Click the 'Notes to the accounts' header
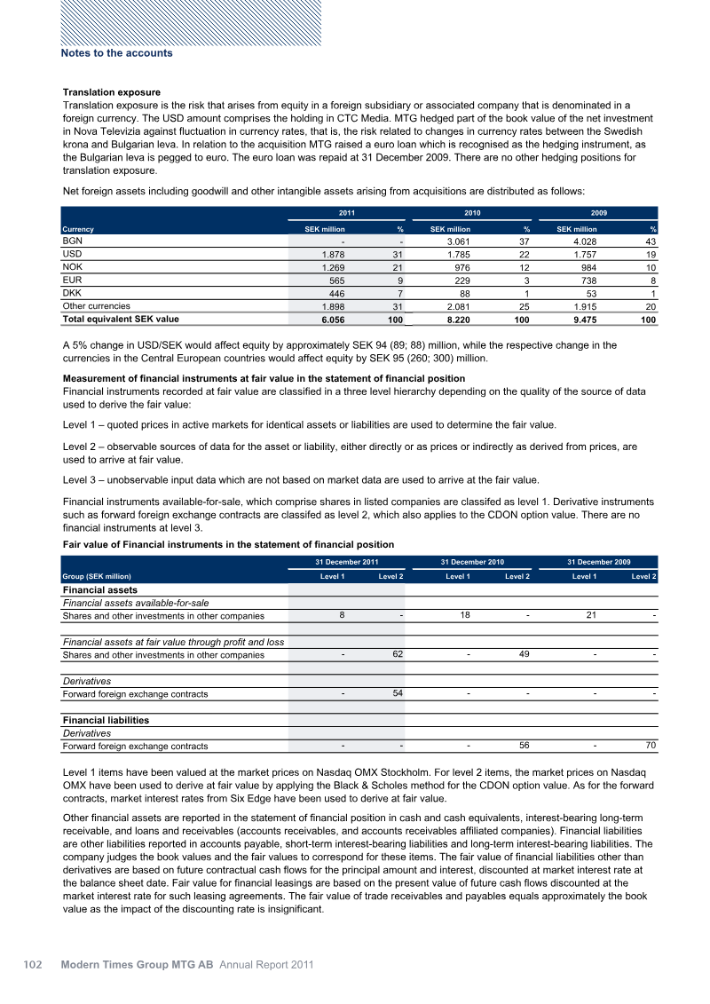pyautogui.click(x=116, y=53)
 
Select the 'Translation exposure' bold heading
pyautogui.click(x=111, y=92)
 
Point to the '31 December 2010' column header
pyautogui.click(x=472, y=561)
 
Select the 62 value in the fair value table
pyautogui.click(x=397, y=654)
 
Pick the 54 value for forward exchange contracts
pyautogui.click(x=397, y=692)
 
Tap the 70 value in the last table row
pyautogui.click(x=650, y=746)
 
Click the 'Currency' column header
pyautogui.click(x=78, y=229)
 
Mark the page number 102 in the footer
pyautogui.click(x=32, y=963)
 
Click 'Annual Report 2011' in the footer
pyautogui.click(x=266, y=963)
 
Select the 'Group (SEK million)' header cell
pyautogui.click(x=97, y=577)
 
